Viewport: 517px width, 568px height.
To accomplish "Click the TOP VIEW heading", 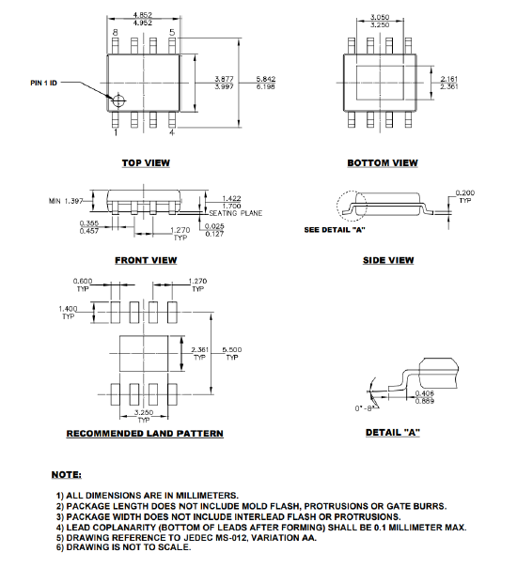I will coord(146,162).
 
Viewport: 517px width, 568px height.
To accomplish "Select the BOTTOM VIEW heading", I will coord(382,162).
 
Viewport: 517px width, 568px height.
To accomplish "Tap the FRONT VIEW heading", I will coord(146,260).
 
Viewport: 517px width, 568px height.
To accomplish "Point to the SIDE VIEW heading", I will coord(388,260).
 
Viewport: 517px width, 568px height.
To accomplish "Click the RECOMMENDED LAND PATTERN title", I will coord(145,433).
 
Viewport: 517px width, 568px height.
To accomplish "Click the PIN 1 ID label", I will coord(44,83).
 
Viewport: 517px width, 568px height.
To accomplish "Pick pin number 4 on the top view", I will coord(172,132).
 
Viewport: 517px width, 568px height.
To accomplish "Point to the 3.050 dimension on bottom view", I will coord(380,17).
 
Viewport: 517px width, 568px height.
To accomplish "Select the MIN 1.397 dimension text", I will coord(67,201).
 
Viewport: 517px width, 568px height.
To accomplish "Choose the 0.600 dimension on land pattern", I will coord(85,281).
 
